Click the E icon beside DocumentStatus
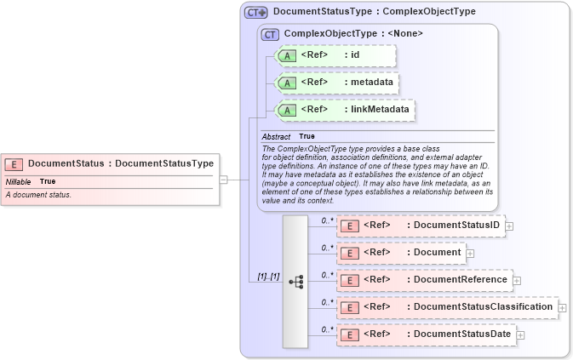click(x=14, y=164)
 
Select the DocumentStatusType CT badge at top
click(x=255, y=13)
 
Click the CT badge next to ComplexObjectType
click(x=271, y=34)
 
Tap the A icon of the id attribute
click(x=288, y=57)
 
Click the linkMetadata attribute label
click(x=381, y=109)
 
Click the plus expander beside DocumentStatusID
click(x=509, y=226)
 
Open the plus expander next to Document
click(x=470, y=253)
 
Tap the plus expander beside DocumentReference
click(x=517, y=280)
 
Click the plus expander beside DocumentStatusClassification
click(x=562, y=307)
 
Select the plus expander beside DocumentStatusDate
click(x=521, y=334)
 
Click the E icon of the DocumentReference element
click(x=348, y=280)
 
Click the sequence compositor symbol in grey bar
click(x=295, y=281)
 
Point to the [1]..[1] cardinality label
click(x=268, y=277)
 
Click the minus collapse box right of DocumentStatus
click(x=223, y=180)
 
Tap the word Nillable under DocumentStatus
click(x=18, y=181)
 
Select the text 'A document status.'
click(x=38, y=195)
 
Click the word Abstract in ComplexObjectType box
click(x=276, y=136)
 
